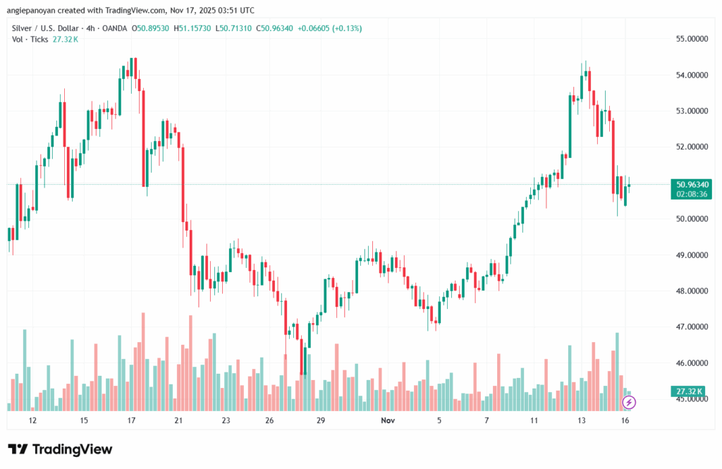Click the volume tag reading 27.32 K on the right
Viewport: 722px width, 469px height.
[688, 390]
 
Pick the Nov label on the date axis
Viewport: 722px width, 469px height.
[386, 420]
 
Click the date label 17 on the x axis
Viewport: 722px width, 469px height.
[131, 420]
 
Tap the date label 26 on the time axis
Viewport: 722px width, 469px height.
[269, 420]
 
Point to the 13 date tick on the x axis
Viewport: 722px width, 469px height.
[582, 420]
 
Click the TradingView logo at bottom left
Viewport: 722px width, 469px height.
[60, 449]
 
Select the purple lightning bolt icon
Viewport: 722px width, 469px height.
[629, 402]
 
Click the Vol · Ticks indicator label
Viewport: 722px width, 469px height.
[30, 39]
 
